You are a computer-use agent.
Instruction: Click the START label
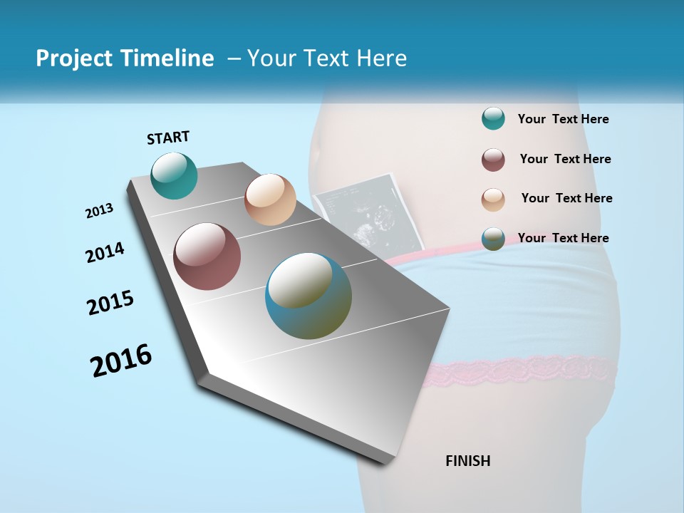(168, 138)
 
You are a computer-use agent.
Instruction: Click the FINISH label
(467, 461)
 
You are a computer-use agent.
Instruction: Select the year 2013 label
(99, 211)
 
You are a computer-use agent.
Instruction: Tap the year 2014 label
(105, 253)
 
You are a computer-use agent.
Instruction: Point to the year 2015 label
(110, 303)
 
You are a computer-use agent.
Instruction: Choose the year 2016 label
(121, 361)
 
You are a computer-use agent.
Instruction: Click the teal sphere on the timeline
(174, 176)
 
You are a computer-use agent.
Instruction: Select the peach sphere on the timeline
(270, 199)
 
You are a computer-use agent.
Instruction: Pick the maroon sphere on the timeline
(207, 256)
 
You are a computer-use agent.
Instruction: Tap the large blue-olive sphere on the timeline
(309, 296)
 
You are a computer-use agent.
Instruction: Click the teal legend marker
(493, 119)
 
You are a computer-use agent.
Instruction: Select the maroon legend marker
(493, 160)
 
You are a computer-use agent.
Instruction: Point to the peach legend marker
(493, 199)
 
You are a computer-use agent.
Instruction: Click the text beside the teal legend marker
(563, 119)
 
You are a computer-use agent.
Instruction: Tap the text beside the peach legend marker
(566, 198)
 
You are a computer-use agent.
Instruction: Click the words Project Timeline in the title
(125, 58)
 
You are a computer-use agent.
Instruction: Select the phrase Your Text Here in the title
(326, 58)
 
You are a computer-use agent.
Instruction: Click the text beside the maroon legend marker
(565, 159)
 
